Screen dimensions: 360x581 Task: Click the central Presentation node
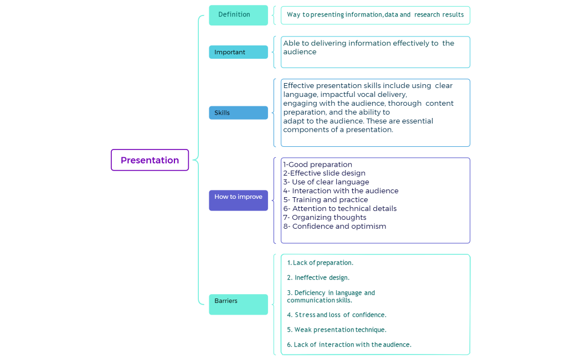[x=150, y=160]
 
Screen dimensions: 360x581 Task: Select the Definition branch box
[x=238, y=15]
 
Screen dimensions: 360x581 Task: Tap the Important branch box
[x=238, y=52]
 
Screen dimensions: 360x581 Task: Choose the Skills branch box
[x=238, y=113]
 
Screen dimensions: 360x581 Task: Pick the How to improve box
[x=238, y=200]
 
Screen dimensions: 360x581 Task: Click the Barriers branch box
[x=238, y=304]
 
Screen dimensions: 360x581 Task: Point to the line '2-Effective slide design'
[x=324, y=173]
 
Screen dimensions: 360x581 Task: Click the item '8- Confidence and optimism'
[x=335, y=227]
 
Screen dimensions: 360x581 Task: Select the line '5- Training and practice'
[x=326, y=200]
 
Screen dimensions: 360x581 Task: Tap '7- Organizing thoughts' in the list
[x=325, y=218]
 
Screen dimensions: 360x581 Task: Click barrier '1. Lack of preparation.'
[x=320, y=263]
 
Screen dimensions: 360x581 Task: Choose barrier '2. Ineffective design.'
[x=318, y=277]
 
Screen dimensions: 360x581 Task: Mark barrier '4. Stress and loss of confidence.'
[x=336, y=315]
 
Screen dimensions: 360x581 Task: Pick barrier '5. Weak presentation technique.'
[x=336, y=330]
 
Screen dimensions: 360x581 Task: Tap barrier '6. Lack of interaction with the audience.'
[x=349, y=344]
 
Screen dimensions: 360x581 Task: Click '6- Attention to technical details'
[x=340, y=209]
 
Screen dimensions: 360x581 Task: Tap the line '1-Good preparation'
[x=317, y=164]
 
